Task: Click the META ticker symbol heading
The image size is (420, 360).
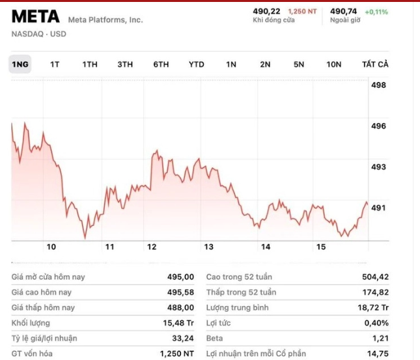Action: [x=36, y=16]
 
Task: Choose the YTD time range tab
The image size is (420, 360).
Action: [x=196, y=64]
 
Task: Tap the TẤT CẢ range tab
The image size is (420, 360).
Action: [x=375, y=64]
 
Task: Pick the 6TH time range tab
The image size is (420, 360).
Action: [x=161, y=64]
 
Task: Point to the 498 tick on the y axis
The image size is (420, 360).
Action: [x=378, y=85]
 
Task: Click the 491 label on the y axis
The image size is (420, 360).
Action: [x=378, y=208]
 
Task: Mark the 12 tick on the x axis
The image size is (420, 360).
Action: [x=152, y=247]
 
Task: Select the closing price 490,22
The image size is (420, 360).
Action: [x=266, y=11]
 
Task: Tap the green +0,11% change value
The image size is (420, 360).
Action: [x=376, y=12]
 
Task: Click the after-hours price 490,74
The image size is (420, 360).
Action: [x=344, y=11]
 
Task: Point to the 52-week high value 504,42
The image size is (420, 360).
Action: [x=375, y=277]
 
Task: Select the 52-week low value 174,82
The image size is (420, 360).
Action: [x=375, y=292]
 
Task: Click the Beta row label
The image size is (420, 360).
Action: [x=214, y=339]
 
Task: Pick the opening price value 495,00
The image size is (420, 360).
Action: [x=180, y=277]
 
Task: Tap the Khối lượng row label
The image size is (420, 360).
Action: [x=31, y=323]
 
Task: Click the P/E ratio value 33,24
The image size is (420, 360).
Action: [x=182, y=339]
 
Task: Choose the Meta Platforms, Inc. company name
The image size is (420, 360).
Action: [x=105, y=20]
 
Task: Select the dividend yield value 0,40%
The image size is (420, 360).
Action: [x=376, y=323]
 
